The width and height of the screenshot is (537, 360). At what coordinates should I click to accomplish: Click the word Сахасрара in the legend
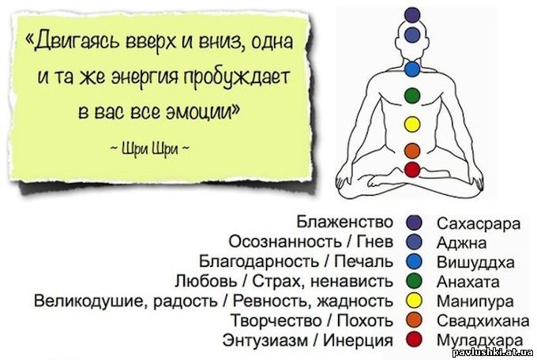click(479, 223)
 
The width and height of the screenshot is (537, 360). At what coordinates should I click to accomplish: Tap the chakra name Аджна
click(461, 243)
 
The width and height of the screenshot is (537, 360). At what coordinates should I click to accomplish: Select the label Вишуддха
click(475, 262)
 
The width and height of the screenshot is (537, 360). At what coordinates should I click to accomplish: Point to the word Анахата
click(468, 282)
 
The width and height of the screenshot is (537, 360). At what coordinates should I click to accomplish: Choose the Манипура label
click(475, 302)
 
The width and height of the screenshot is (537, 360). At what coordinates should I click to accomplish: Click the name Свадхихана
click(483, 321)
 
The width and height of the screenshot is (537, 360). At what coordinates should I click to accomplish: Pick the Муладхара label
click(480, 340)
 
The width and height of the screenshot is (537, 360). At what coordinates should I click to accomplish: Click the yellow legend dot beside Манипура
click(414, 301)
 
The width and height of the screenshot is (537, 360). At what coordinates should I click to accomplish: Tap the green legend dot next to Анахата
click(414, 282)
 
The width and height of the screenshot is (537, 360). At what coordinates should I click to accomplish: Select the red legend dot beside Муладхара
click(414, 339)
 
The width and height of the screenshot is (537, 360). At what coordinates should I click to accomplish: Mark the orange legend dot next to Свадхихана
click(414, 321)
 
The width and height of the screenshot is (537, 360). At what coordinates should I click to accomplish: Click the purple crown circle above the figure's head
click(412, 14)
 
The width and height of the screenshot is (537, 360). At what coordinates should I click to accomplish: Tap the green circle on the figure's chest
click(412, 96)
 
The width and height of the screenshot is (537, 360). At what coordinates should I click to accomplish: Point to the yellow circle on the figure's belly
click(412, 124)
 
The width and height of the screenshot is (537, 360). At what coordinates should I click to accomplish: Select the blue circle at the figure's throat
click(412, 69)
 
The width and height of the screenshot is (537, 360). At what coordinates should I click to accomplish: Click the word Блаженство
click(344, 222)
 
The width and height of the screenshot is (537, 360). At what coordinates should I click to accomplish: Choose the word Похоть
click(365, 321)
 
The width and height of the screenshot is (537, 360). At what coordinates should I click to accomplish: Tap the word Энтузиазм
click(265, 340)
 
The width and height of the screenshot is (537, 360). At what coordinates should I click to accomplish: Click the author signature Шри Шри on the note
click(150, 150)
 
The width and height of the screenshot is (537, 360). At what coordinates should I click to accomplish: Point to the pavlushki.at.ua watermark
click(493, 353)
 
